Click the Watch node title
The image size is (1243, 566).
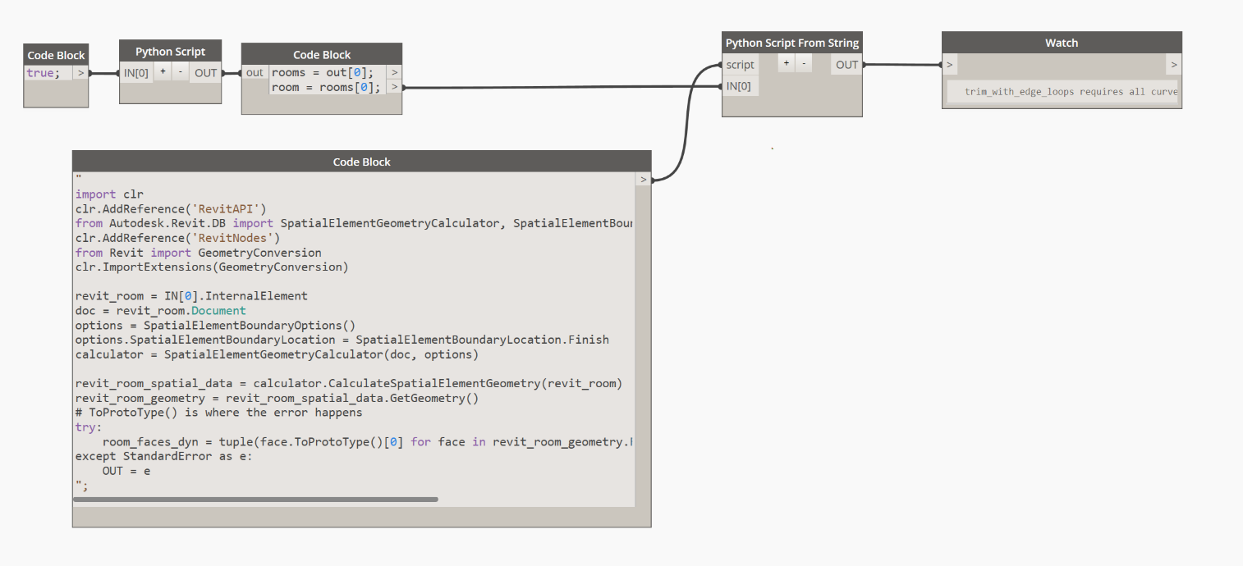[1061, 43]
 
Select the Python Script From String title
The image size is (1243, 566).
[791, 43]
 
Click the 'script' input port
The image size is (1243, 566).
[740, 65]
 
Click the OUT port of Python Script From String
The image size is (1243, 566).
[846, 65]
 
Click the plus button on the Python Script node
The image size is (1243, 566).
[163, 72]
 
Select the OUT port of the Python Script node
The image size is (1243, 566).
[205, 72]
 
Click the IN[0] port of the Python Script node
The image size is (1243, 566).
[136, 72]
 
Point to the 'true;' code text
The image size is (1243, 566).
[44, 73]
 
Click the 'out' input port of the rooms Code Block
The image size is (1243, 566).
[255, 72]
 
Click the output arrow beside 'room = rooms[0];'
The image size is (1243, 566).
[394, 87]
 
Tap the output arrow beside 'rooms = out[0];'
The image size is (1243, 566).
[394, 72]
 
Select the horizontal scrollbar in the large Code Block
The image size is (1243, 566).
[255, 499]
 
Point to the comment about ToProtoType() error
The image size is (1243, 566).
[218, 413]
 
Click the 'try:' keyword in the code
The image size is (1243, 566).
[89, 427]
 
